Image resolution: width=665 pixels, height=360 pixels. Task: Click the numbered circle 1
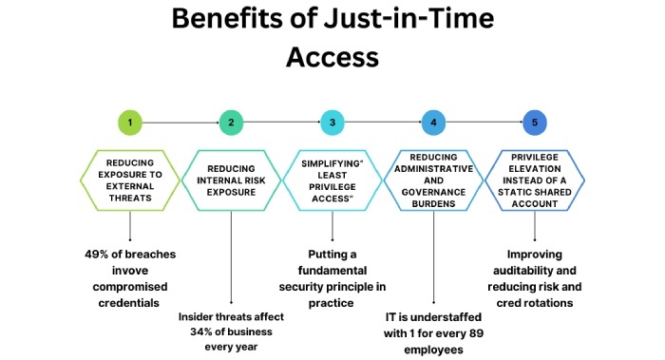click(x=130, y=123)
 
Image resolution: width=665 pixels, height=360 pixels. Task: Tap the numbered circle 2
click(x=231, y=123)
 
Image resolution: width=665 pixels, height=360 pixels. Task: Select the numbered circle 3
click(x=332, y=123)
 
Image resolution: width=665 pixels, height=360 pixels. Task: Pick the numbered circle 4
click(x=433, y=123)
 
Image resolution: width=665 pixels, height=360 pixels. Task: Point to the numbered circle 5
click(x=535, y=123)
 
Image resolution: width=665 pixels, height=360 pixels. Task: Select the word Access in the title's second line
click(x=332, y=58)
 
